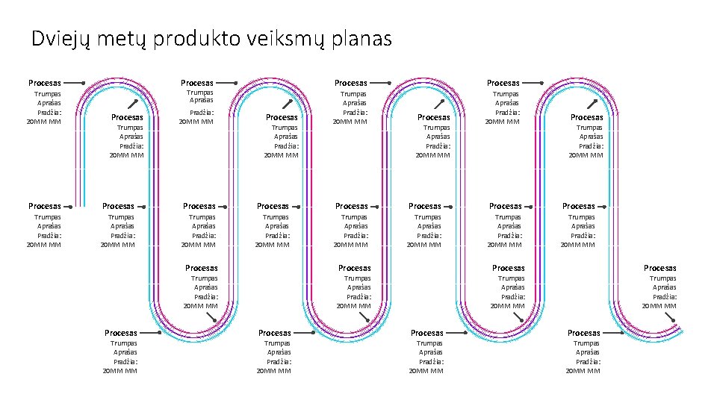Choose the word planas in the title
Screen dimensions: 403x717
[364, 39]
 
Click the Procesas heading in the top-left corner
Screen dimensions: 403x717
[45, 83]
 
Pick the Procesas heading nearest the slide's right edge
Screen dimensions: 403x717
[660, 268]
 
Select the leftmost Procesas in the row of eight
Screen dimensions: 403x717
[45, 206]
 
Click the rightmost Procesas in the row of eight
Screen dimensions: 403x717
[579, 206]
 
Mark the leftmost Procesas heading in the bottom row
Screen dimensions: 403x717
[121, 333]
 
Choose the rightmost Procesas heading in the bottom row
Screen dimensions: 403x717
[584, 333]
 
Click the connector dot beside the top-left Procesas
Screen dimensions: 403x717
[83, 83]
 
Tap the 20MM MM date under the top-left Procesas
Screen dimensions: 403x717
[44, 121]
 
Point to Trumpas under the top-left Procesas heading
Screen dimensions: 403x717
[48, 94]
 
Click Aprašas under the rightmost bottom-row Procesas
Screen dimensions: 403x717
[588, 352]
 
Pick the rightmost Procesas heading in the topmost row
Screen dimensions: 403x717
[503, 83]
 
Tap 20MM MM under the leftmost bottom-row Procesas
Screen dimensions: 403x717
[120, 371]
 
